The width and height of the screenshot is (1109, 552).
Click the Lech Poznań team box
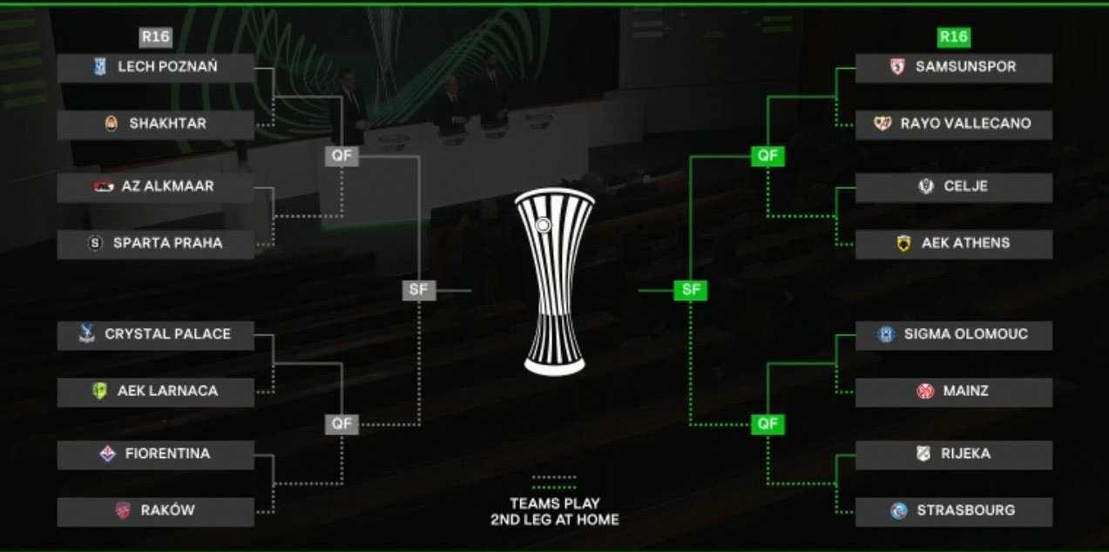(156, 67)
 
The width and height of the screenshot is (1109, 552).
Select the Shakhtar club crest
(111, 124)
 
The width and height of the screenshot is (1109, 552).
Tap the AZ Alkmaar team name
(168, 186)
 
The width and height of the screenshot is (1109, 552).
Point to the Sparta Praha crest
(96, 244)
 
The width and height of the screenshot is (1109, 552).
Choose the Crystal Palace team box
(156, 334)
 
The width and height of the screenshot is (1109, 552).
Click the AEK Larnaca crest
(100, 391)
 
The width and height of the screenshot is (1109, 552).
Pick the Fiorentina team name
(167, 454)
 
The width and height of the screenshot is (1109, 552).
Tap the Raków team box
(156, 511)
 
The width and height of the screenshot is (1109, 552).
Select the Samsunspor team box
(953, 67)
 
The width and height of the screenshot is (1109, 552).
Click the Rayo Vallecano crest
(882, 124)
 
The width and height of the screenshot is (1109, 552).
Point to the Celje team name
(965, 186)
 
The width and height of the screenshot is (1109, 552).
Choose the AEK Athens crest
(903, 244)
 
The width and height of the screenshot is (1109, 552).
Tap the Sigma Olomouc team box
(953, 334)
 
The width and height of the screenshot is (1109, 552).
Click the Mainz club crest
(925, 391)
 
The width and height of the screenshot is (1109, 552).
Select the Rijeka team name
(965, 454)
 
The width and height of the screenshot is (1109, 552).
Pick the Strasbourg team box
(953, 511)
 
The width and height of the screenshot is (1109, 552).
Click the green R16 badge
(954, 37)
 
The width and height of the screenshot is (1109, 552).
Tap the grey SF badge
(419, 290)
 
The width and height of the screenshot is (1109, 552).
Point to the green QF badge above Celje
(768, 156)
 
